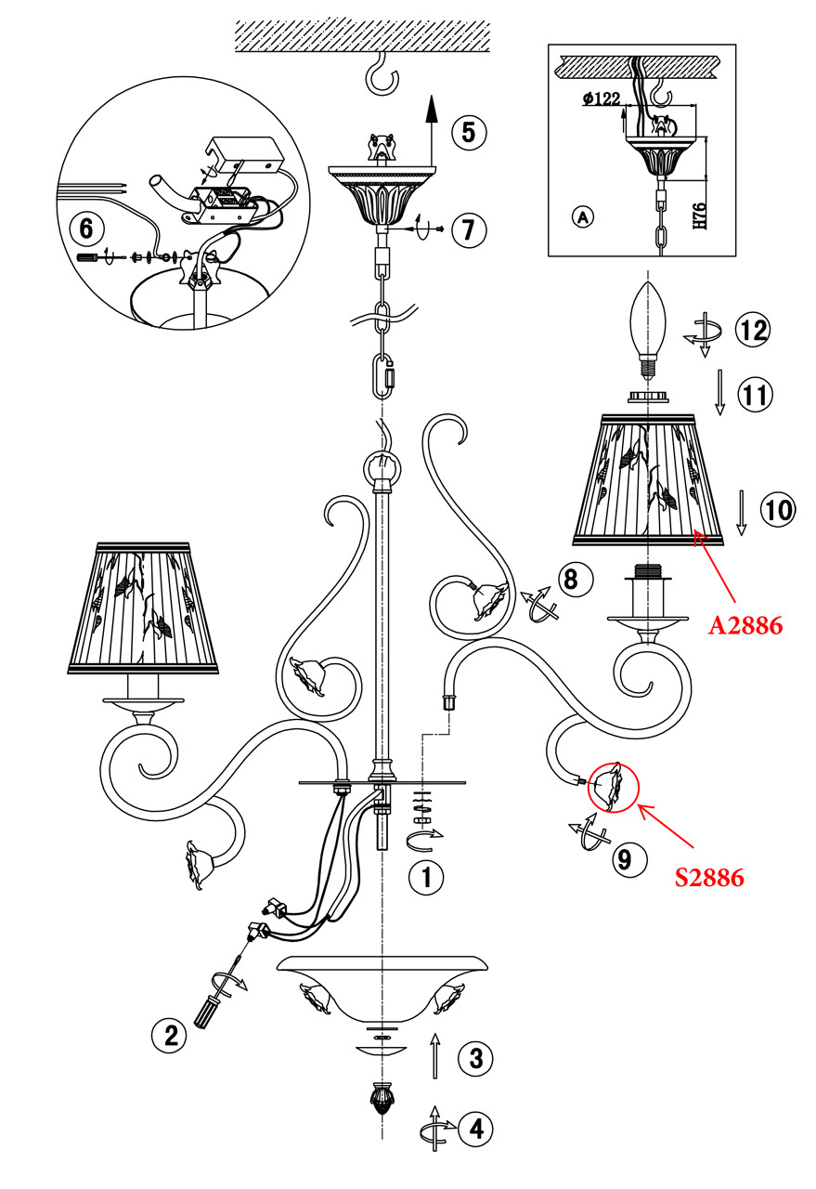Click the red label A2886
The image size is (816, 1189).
(x=745, y=625)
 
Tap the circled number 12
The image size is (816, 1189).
(x=753, y=329)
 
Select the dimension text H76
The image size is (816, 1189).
(x=703, y=215)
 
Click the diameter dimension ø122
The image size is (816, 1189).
(x=602, y=99)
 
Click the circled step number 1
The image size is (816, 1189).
(x=426, y=877)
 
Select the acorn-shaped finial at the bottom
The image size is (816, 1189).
(x=381, y=1100)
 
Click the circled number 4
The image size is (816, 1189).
(x=475, y=1129)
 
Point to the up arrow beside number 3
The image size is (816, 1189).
(x=434, y=1056)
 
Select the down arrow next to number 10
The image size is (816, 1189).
(x=740, y=514)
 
